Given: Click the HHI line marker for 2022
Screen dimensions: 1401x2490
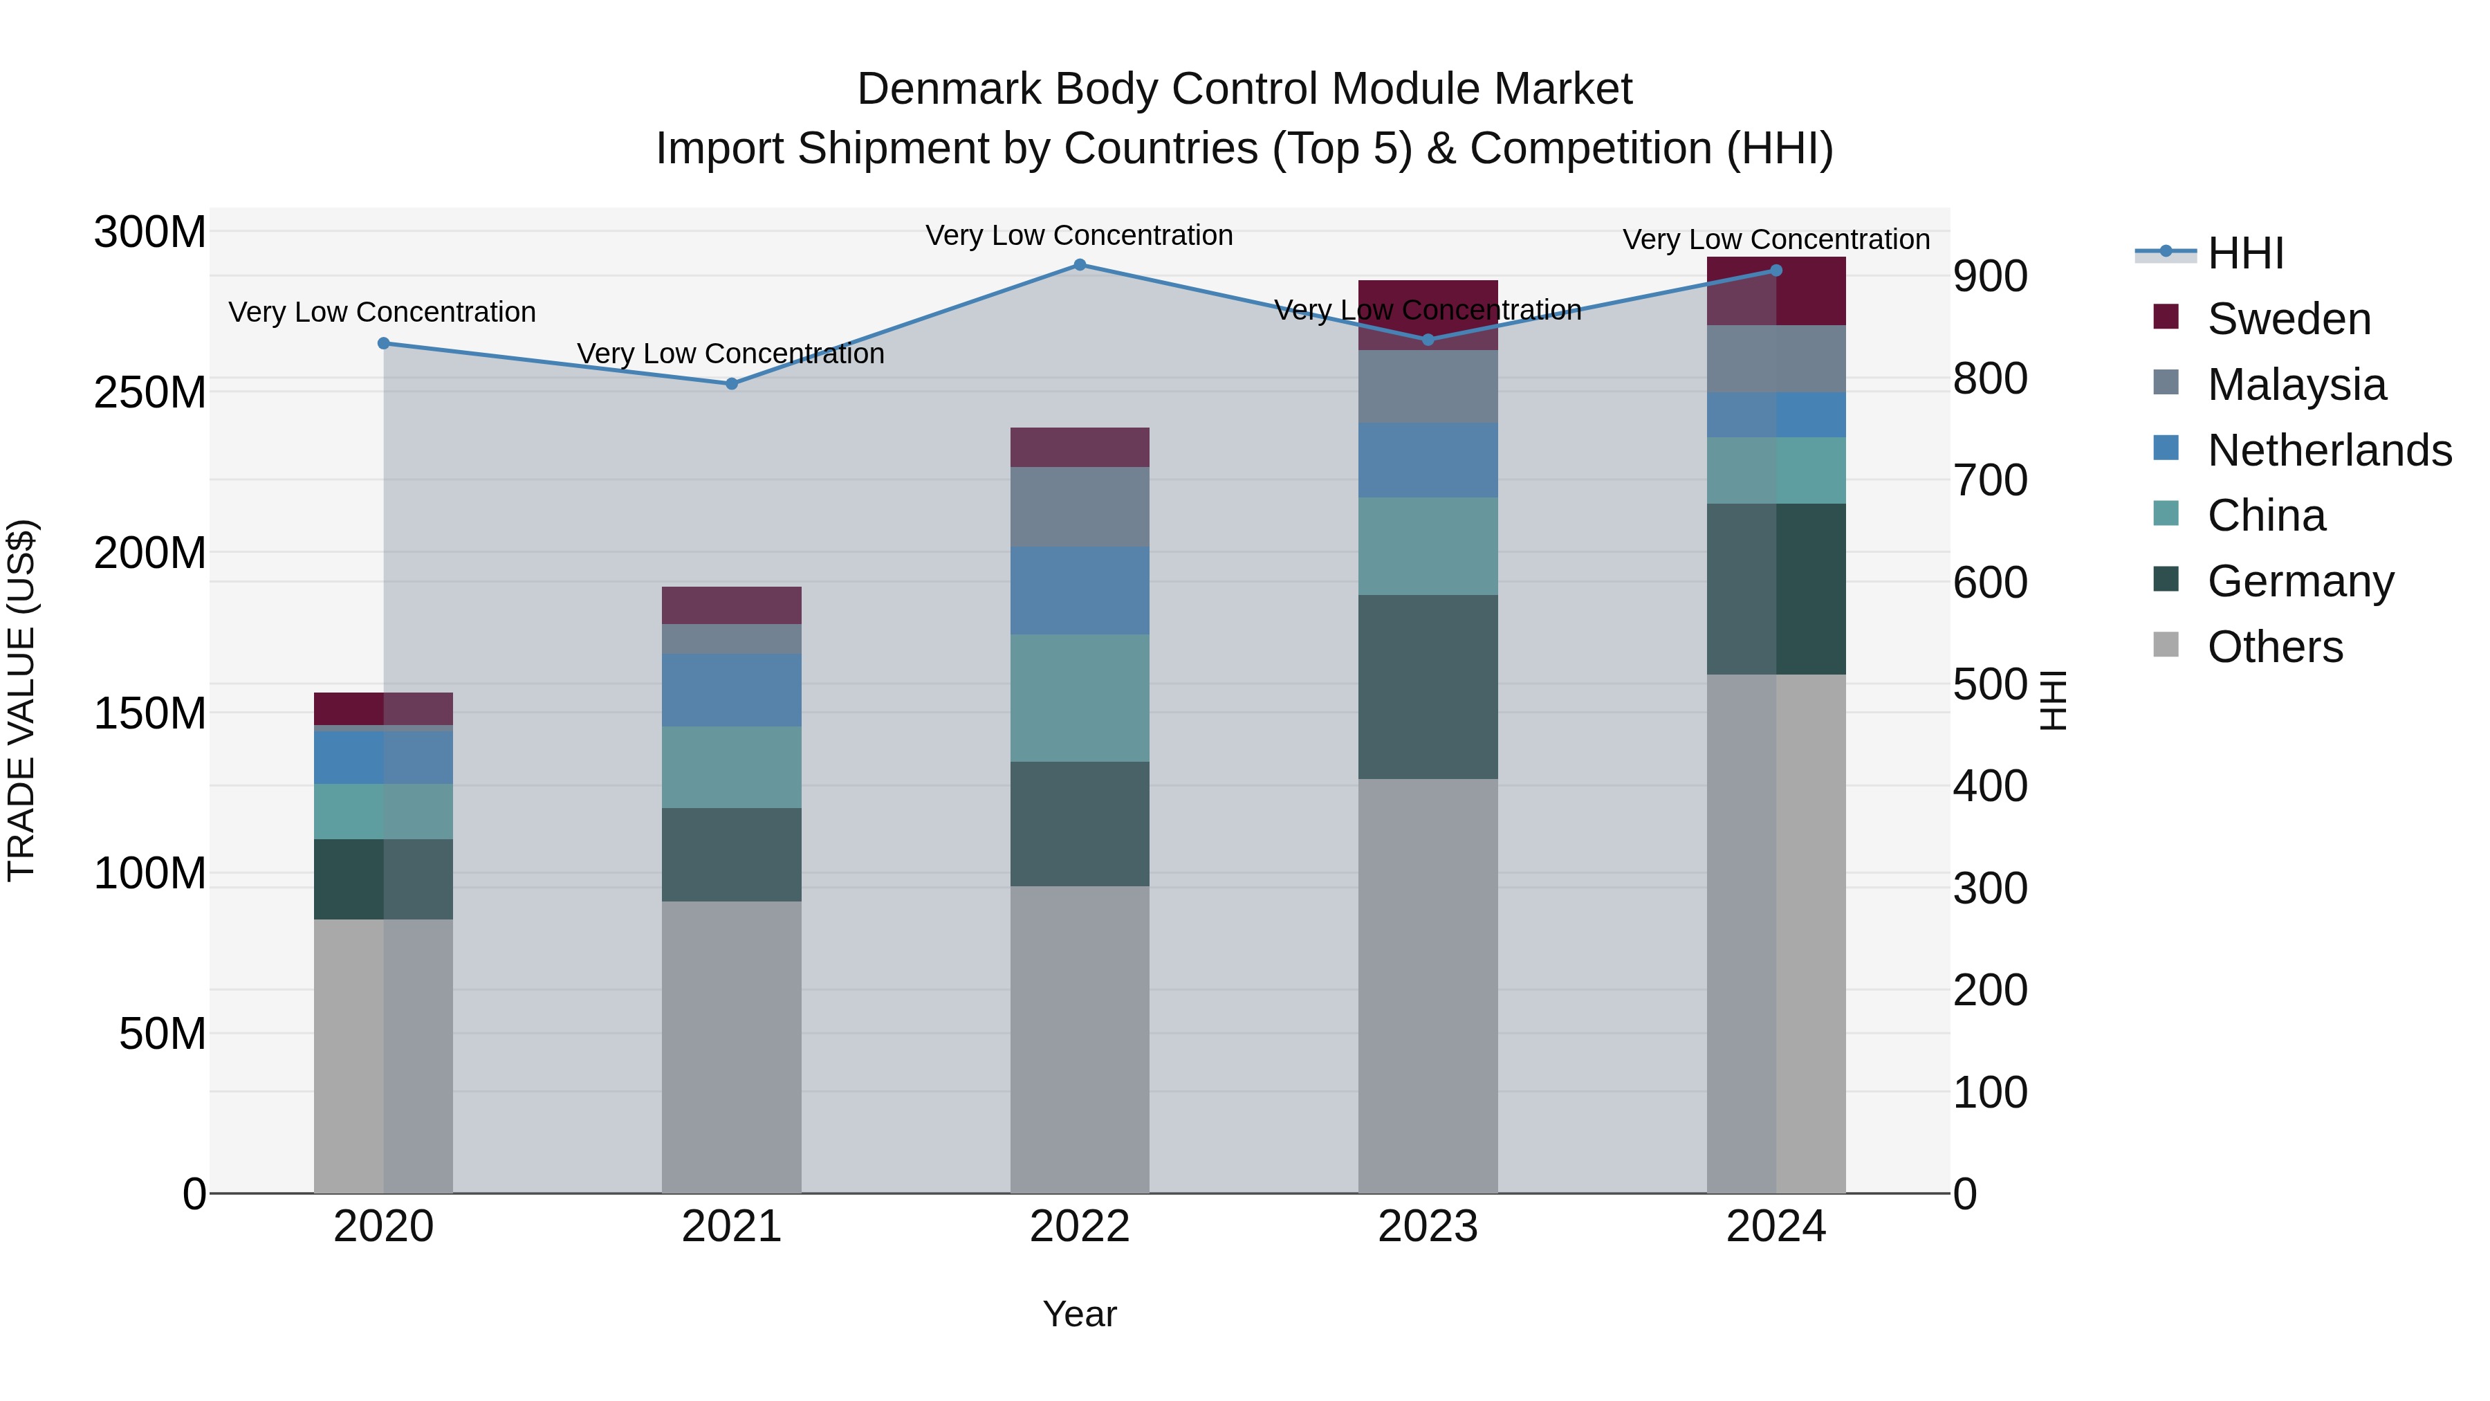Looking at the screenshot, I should tap(1080, 265).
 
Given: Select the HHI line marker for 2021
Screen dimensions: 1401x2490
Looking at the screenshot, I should tap(732, 384).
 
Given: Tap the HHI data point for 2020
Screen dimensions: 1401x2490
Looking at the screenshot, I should tap(384, 343).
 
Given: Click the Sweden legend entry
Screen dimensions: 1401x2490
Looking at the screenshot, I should tap(2288, 319).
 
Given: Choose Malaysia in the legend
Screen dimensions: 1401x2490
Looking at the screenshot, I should tap(2296, 385).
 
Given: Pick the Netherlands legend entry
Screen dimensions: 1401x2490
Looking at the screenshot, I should tap(2329, 450).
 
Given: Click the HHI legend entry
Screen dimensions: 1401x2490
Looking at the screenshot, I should tap(2244, 253).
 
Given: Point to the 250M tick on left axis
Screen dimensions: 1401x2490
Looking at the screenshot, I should tap(150, 392).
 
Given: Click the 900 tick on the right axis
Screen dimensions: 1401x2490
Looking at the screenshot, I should tap(1990, 277).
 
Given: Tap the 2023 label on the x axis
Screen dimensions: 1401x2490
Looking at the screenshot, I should tap(1428, 1227).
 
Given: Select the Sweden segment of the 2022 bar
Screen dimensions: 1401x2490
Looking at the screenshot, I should tap(1080, 448).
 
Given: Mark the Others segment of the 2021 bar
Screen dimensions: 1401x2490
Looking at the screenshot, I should tap(732, 1047).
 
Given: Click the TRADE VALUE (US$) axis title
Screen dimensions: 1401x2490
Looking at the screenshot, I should tap(22, 700).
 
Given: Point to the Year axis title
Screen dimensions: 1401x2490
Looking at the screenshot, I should tap(1080, 1314).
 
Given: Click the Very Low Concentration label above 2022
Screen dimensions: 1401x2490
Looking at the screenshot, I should tap(1079, 235).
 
